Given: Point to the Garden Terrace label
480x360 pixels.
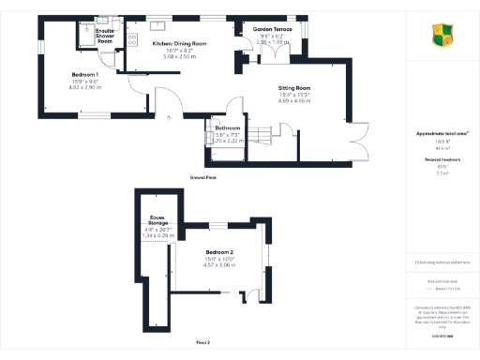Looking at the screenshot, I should coord(274,30).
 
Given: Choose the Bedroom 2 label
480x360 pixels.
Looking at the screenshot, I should coord(219,252).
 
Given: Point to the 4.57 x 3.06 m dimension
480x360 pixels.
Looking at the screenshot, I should coord(219,265).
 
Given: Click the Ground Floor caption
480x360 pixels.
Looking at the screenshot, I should coord(203,176).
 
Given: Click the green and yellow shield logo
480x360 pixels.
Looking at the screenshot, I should coord(442,37).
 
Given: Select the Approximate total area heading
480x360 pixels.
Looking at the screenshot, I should coord(442,133).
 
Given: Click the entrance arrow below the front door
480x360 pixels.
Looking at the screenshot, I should coord(169,117).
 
